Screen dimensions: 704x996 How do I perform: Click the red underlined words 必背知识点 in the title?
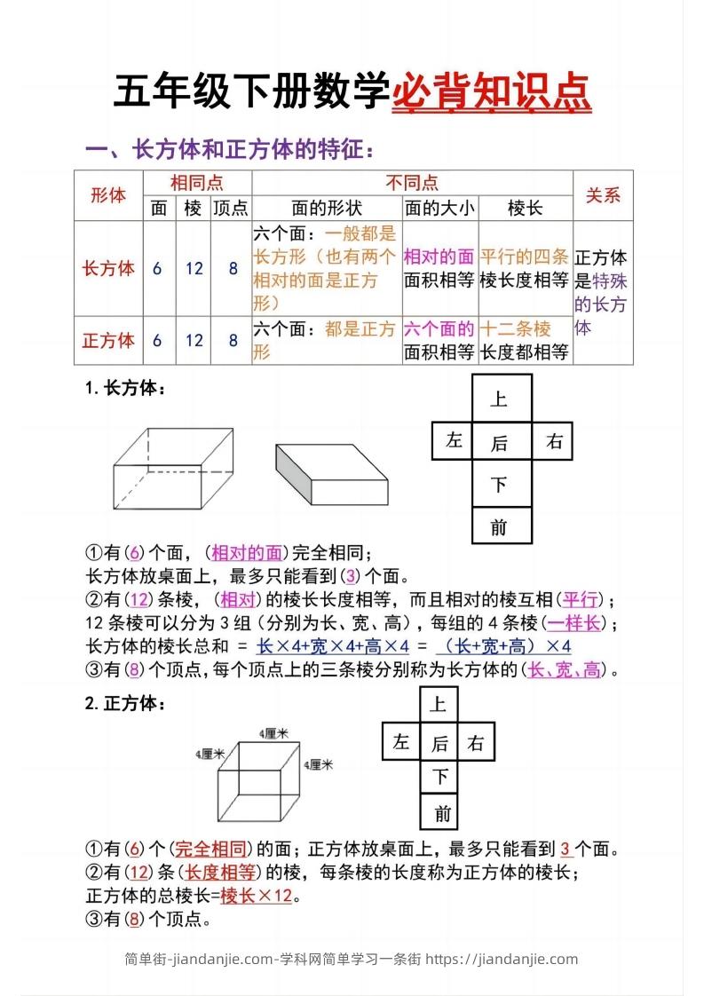[x=492, y=93]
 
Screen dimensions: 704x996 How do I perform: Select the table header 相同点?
[x=196, y=183]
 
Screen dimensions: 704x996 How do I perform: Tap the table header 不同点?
[x=412, y=183]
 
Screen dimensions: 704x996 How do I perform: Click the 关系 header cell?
[x=603, y=195]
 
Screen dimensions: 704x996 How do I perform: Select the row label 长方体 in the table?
[x=108, y=268]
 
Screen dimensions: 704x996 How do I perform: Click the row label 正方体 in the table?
[x=108, y=340]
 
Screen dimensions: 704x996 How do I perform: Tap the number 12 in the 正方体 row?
[x=194, y=340]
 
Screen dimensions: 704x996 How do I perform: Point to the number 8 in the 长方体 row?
[x=233, y=268]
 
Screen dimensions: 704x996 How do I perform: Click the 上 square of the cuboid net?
[x=500, y=399]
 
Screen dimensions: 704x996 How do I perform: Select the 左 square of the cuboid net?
[x=455, y=441]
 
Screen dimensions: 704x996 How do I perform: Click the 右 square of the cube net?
[x=477, y=743]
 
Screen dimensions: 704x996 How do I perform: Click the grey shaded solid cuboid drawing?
[x=332, y=473]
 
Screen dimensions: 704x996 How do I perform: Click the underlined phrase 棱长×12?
[x=257, y=896]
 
